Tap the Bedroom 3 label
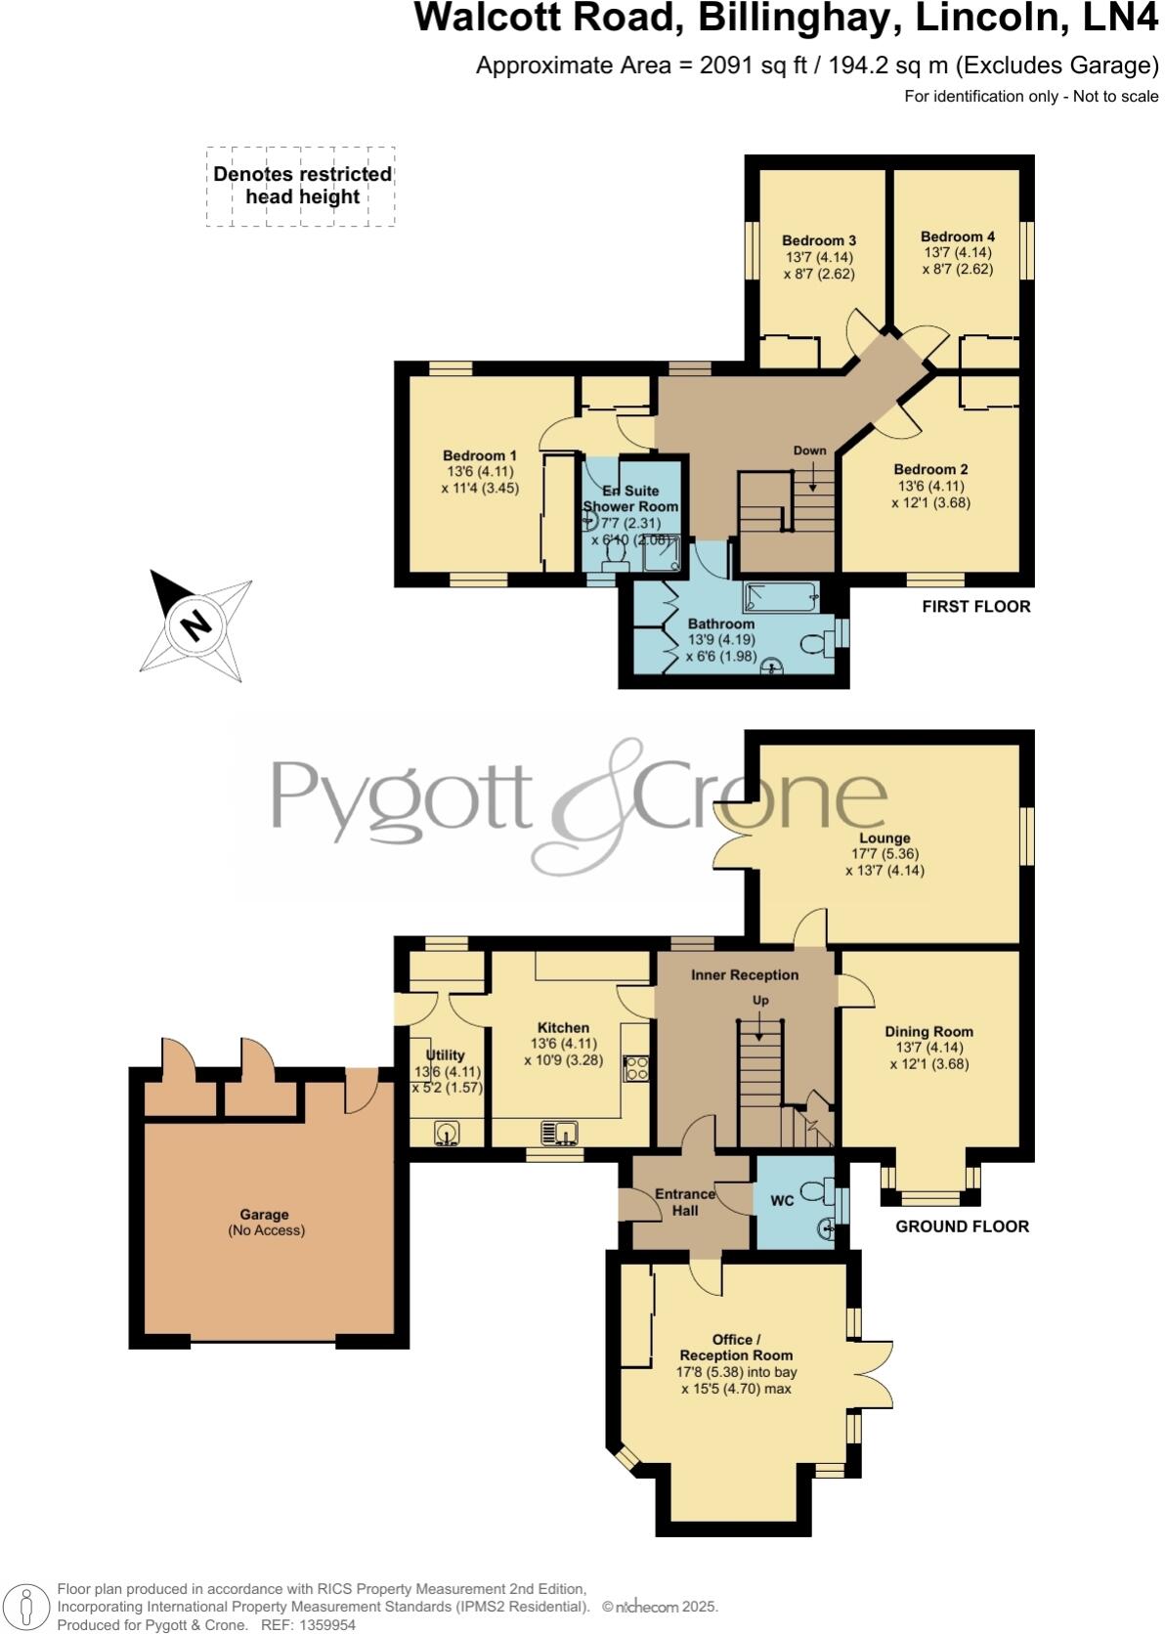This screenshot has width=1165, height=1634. (819, 240)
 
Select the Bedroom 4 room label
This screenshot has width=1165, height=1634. (957, 236)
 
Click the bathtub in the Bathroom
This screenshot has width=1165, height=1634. (779, 593)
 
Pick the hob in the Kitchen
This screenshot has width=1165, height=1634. (637, 1068)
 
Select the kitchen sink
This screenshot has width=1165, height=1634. (561, 1133)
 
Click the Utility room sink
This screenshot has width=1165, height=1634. (447, 1133)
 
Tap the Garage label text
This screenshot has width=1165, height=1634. (264, 1215)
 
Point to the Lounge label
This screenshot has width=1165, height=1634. (885, 838)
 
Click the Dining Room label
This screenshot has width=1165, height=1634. (928, 1031)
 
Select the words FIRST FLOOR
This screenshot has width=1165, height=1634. (975, 607)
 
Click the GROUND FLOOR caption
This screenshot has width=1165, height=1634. (962, 1226)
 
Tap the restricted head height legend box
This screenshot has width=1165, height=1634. (301, 186)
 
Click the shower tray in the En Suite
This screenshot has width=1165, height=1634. (662, 553)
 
